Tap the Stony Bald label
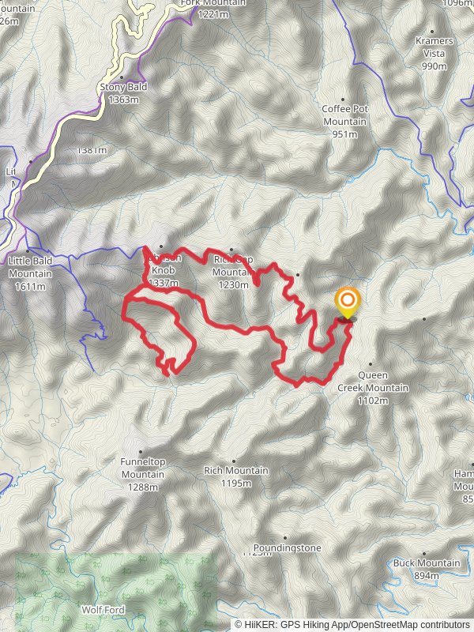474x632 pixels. pos(118,88)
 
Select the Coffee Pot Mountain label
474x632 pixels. pos(344,115)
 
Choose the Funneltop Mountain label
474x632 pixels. pos(143,468)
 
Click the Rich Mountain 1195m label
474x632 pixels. pos(236,471)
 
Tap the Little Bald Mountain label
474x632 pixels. pos(30,267)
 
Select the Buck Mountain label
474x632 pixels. pos(427,563)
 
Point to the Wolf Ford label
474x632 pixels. pos(103,610)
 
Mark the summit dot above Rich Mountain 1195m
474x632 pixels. pos(234,460)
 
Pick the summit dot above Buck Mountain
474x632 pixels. pos(425,554)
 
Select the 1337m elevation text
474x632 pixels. pos(163,283)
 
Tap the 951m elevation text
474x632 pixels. pos(344,134)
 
